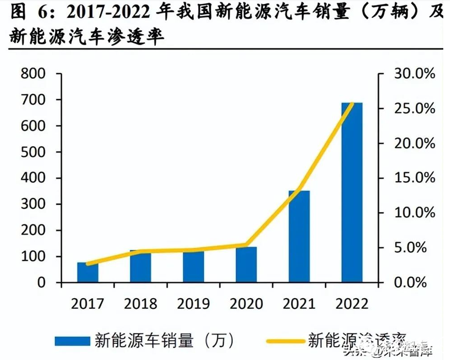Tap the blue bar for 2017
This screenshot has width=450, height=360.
click(87, 272)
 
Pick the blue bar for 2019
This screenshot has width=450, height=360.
click(193, 267)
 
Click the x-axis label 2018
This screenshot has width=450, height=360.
click(141, 304)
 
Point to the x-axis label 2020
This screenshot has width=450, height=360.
click(246, 304)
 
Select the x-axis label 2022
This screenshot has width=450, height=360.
click(352, 304)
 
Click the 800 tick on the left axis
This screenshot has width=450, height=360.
click(33, 74)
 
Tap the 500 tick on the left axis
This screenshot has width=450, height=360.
click(33, 152)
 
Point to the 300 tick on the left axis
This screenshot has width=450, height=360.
click(33, 204)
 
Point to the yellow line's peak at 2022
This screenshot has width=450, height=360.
click(352, 104)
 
